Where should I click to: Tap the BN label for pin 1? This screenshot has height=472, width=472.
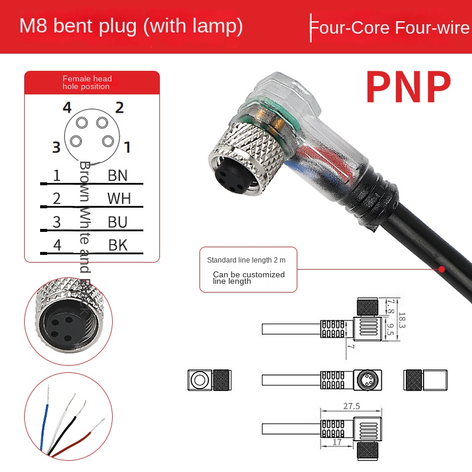click(117, 175)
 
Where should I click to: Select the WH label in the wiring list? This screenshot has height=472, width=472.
click(119, 198)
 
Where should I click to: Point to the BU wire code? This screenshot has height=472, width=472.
click(117, 222)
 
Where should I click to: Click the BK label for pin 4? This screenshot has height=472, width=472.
click(117, 245)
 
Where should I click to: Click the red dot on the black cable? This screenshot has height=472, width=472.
click(441, 268)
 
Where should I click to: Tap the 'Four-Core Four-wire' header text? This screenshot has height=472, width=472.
click(390, 28)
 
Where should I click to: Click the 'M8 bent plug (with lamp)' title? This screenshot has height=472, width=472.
click(131, 27)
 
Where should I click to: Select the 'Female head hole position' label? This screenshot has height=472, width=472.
click(87, 83)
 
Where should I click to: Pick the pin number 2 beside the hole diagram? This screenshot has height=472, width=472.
click(119, 107)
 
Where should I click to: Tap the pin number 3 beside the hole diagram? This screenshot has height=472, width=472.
click(56, 147)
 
